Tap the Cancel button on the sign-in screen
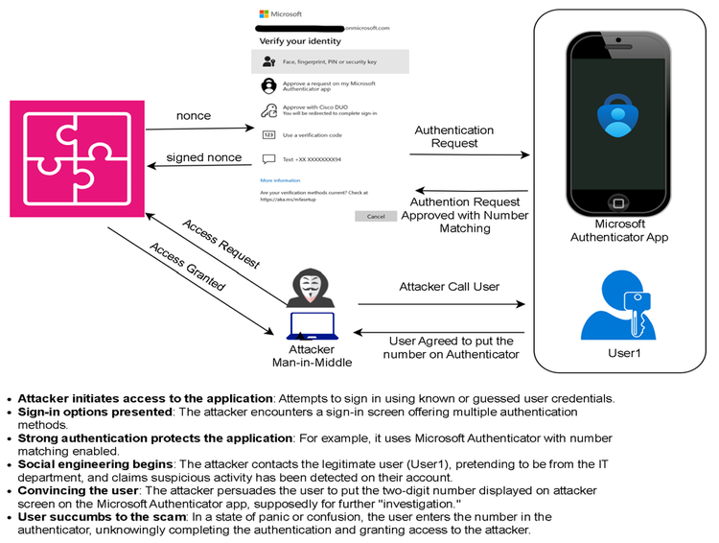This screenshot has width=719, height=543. tap(375, 217)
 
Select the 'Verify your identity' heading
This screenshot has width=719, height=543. tap(293, 42)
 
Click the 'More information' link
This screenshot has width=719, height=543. tap(280, 180)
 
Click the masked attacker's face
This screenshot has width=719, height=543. tap(309, 286)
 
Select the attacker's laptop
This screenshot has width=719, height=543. tap(309, 327)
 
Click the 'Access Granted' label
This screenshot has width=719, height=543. tap(187, 266)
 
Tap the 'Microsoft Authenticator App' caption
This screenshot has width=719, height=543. tap(618, 230)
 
